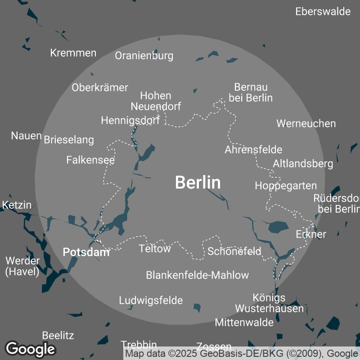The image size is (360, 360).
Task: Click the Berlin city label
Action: click(x=198, y=182)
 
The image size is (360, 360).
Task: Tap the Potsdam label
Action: click(x=86, y=252)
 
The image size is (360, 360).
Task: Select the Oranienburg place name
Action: click(x=144, y=56)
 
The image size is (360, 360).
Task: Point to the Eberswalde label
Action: click(x=323, y=12)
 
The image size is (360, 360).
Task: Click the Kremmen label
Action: click(x=73, y=53)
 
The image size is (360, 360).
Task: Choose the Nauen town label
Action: click(x=27, y=135)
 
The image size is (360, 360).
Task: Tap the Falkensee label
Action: click(x=90, y=160)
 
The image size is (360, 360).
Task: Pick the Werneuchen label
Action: click(x=306, y=123)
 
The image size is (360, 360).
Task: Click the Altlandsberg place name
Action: click(x=303, y=163)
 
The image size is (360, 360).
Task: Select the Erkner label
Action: click(x=311, y=234)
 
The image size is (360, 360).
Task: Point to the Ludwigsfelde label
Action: click(x=151, y=300)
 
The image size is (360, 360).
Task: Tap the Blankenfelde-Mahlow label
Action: click(x=197, y=275)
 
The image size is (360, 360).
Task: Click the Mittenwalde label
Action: click(x=244, y=322)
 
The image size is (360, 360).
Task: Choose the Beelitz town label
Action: click(x=58, y=335)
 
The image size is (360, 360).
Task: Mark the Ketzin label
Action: click(x=17, y=205)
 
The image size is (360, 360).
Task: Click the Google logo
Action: click(x=30, y=349)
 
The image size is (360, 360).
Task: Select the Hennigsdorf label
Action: click(x=130, y=121)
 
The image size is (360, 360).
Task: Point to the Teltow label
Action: click(x=155, y=248)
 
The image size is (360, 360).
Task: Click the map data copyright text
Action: click(x=241, y=354)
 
